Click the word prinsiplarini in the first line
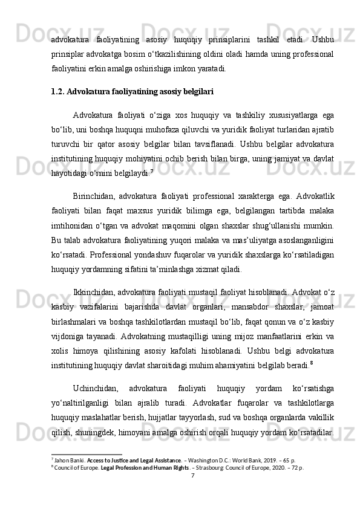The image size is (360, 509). tap(225, 40)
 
